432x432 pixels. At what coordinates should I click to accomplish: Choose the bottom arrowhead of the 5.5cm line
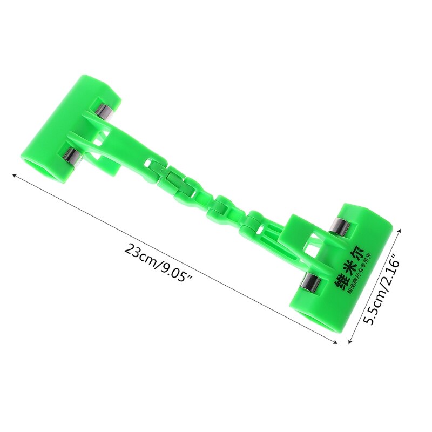click(351, 341)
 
